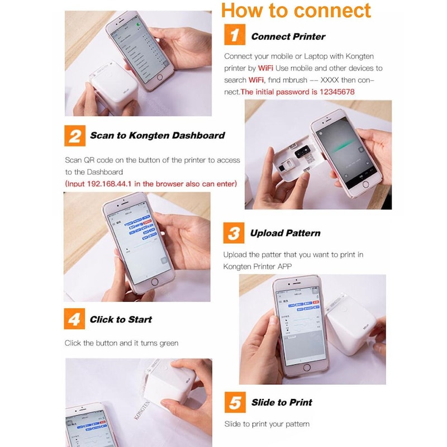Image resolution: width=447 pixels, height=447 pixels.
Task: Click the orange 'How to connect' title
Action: (296, 11)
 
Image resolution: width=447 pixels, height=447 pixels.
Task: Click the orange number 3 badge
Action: (234, 233)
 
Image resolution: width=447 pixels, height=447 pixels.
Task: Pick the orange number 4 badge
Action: (75, 320)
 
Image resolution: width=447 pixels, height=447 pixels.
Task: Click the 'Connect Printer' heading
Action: (288, 36)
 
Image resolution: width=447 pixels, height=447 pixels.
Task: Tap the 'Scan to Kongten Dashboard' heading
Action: (158, 135)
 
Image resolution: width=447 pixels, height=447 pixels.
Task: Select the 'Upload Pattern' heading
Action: (285, 233)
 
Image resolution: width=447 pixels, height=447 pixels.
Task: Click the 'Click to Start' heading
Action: (121, 320)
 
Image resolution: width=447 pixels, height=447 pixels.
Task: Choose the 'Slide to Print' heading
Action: (282, 402)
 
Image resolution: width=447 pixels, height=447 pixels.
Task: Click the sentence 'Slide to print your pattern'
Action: (267, 424)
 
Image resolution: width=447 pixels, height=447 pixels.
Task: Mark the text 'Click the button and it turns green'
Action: (121, 343)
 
